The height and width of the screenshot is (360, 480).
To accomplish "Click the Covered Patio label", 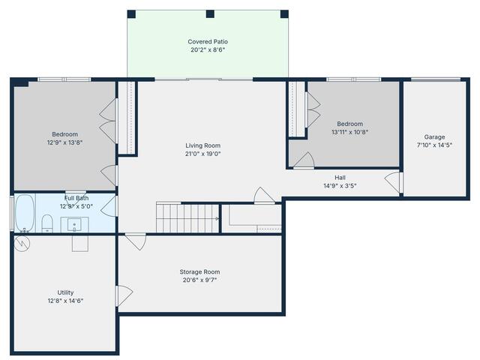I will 208,41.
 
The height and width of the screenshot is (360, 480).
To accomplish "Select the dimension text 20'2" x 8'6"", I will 208,50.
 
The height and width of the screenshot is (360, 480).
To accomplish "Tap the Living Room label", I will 203,145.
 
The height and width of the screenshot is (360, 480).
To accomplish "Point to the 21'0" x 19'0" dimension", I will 203,154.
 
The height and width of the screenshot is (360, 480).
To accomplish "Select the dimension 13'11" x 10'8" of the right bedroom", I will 349,132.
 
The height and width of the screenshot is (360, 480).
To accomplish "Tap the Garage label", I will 434,137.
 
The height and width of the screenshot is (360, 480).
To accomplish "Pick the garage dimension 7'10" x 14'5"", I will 434,145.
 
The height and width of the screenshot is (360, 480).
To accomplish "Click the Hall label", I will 340,178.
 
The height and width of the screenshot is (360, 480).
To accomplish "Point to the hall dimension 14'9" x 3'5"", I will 340,186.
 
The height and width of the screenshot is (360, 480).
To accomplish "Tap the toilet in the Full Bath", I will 46,223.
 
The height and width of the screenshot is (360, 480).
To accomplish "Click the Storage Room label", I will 199,271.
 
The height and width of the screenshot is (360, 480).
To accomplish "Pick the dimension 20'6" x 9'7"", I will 199,280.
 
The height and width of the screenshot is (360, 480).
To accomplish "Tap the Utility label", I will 66,292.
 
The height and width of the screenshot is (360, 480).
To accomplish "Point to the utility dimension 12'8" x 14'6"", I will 66,301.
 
